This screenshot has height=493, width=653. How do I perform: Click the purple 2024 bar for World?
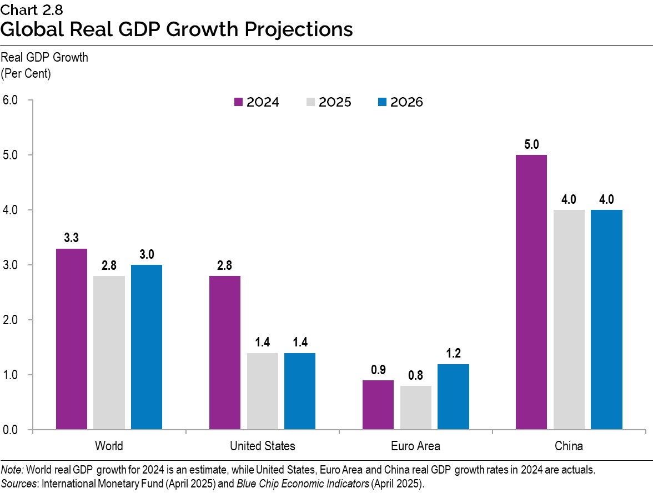pos(72,339)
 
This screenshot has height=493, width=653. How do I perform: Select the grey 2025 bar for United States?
pos(262,391)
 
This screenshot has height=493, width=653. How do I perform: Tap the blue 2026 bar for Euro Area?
pos(453,397)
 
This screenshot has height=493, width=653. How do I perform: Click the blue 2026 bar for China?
pos(606,320)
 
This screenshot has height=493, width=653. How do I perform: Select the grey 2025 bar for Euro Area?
pos(415,408)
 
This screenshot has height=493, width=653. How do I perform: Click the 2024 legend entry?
pos(257,102)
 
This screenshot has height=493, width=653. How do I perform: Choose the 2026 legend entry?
pos(400,102)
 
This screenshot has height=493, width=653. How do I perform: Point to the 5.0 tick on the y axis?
pos(11,155)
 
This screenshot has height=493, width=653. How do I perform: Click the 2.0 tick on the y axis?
pos(11,320)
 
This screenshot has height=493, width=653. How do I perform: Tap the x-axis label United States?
pos(262,446)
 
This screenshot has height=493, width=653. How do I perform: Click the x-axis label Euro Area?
pos(415,446)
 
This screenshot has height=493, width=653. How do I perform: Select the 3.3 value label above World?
pos(72,238)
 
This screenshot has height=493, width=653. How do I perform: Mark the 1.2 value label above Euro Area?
pos(453,354)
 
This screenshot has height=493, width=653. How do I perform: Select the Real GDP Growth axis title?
pos(44,57)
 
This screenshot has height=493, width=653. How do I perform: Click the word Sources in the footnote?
pos(17,484)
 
